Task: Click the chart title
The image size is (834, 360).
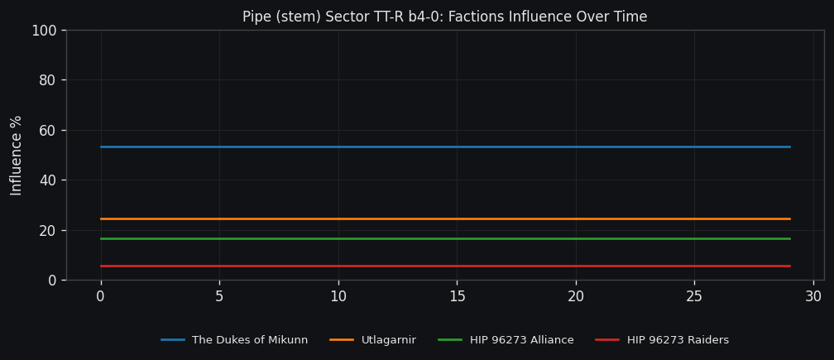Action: [444, 17]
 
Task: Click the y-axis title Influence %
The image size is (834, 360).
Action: [17, 155]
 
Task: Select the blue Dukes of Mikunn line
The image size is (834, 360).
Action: [445, 146]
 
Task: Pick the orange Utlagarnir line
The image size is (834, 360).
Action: [445, 218]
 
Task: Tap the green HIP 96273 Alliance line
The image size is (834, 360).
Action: [445, 238]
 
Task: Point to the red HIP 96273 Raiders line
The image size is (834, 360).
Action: [445, 266]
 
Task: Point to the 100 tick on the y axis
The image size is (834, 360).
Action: [43, 31]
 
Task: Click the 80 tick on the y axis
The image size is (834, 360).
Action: [47, 80]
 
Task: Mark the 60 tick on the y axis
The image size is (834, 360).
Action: [47, 130]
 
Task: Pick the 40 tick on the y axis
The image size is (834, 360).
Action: [47, 180]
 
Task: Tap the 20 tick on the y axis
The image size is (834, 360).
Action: [47, 230]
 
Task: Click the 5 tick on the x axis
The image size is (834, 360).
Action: [219, 296]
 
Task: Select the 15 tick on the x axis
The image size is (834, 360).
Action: [457, 296]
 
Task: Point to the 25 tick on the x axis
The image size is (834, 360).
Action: [694, 296]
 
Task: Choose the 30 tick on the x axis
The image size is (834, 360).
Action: [813, 296]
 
